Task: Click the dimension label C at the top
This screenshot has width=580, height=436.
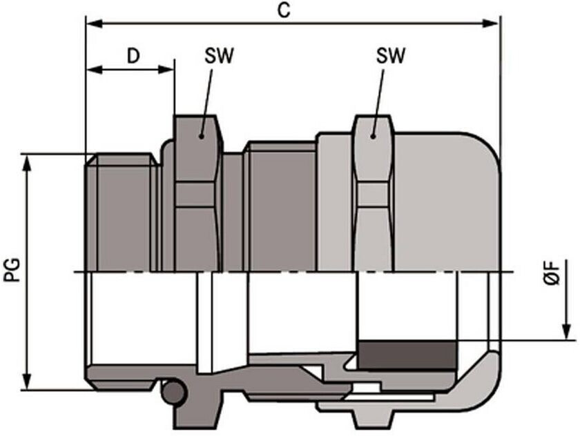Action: coord(284,10)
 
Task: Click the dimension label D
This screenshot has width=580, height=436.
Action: coord(133,56)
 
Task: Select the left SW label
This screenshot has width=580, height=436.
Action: coord(220,56)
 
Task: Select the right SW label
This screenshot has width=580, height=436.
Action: coord(391,56)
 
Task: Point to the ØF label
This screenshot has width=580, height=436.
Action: coord(552,272)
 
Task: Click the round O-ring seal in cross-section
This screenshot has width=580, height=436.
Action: coord(173,393)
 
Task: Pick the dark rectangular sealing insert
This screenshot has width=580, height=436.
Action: coord(407,355)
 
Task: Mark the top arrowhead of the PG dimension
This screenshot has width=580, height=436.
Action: coord(27,163)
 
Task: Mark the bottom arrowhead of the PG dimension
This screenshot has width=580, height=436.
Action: coord(27,381)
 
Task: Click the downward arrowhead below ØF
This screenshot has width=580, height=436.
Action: coord(566,331)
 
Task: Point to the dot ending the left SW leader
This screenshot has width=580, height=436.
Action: coord(201,137)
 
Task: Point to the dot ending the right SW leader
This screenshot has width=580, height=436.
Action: coord(374,137)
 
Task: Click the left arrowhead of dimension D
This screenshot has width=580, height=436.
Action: coord(95,69)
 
